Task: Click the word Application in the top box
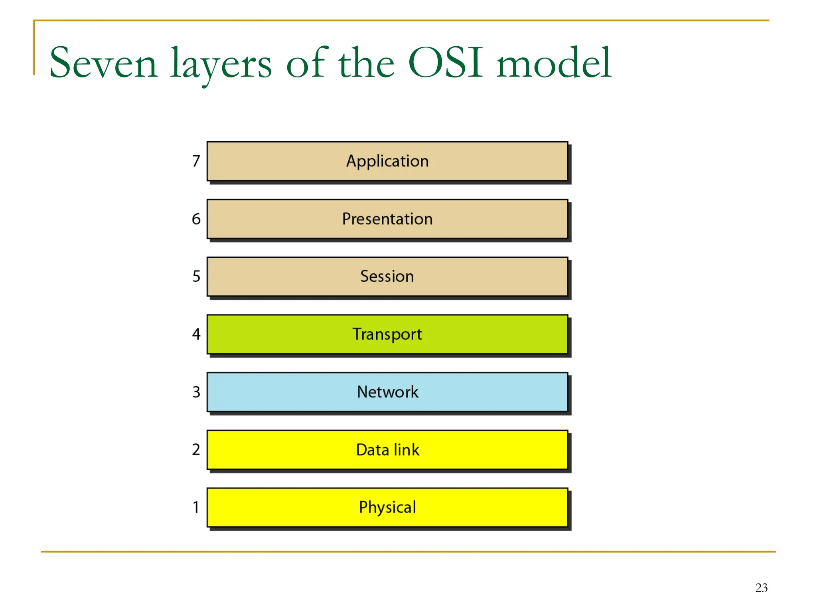(x=387, y=161)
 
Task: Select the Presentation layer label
(x=387, y=219)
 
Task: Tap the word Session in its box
(x=387, y=276)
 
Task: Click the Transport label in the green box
(x=387, y=334)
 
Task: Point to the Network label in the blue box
(x=387, y=392)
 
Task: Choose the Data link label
(x=387, y=450)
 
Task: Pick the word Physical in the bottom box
(x=387, y=507)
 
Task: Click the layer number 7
(x=196, y=161)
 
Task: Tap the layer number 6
(x=196, y=219)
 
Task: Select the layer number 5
(x=196, y=276)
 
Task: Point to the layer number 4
(x=196, y=334)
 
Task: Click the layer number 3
(x=196, y=392)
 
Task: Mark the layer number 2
(x=196, y=450)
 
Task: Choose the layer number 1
(x=196, y=507)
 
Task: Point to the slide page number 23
(x=761, y=588)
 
